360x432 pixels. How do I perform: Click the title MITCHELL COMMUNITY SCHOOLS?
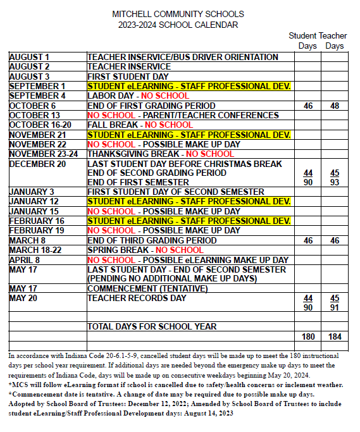pyautogui.click(x=178, y=14)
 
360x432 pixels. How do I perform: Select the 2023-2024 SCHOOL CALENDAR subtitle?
pyautogui.click(x=178, y=25)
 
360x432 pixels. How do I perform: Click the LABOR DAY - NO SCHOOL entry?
pyautogui.click(x=137, y=96)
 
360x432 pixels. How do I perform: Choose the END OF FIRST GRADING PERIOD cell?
pyautogui.click(x=151, y=106)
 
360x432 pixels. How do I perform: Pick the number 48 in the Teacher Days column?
pyautogui.click(x=335, y=106)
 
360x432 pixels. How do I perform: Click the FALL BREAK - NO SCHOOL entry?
pyautogui.click(x=131, y=125)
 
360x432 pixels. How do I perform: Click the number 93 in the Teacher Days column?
pyautogui.click(x=335, y=182)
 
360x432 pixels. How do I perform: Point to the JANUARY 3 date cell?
pyautogui.click(x=32, y=192)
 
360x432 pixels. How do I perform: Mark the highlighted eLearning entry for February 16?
pyautogui.click(x=189, y=221)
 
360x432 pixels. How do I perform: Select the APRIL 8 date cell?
pyautogui.click(x=25, y=260)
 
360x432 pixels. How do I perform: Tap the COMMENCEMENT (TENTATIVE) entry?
pyautogui.click(x=147, y=288)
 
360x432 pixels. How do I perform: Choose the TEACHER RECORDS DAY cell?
pyautogui.click(x=137, y=298)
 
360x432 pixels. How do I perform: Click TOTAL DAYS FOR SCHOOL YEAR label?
pyautogui.click(x=152, y=326)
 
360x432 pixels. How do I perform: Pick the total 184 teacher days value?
pyautogui.click(x=335, y=337)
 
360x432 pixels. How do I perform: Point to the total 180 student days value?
pyautogui.click(x=308, y=337)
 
